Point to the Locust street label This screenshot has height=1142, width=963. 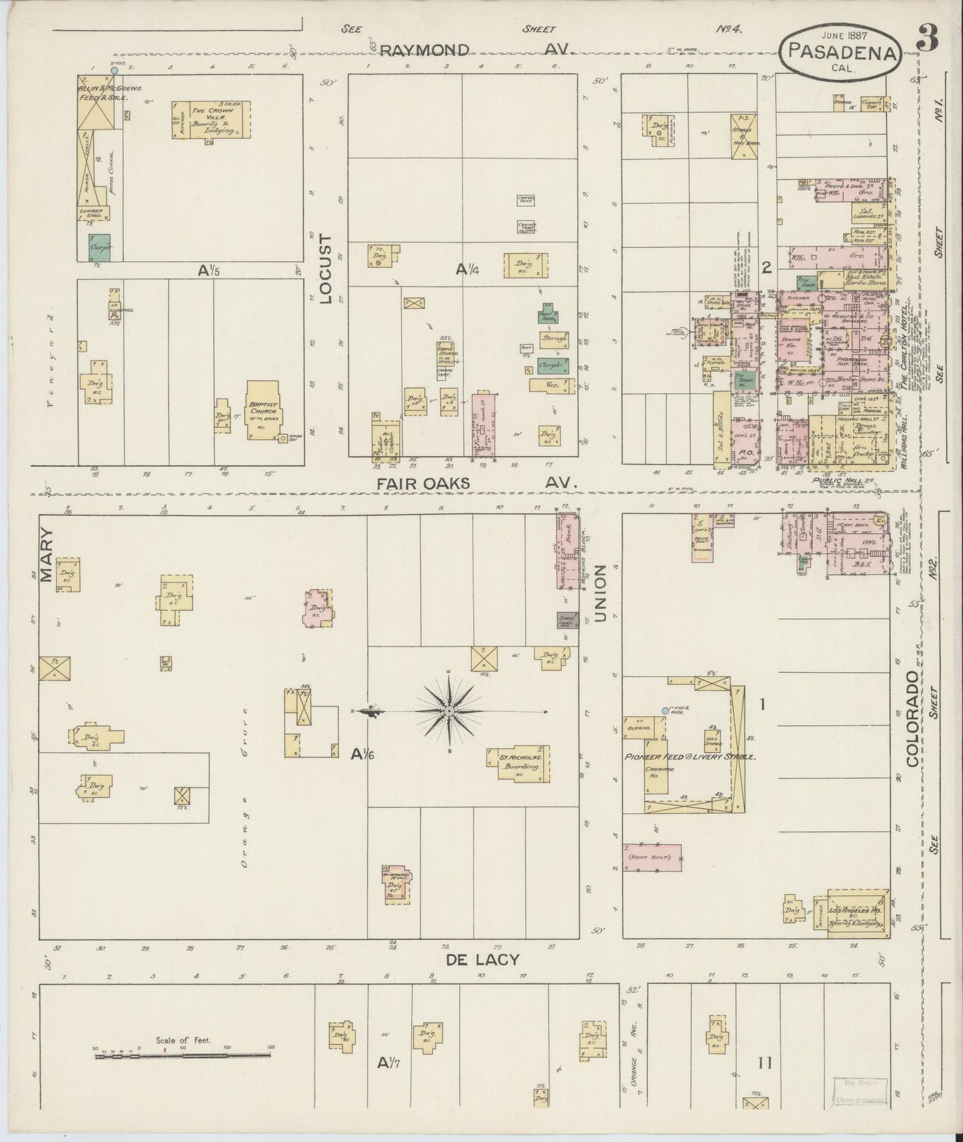(326, 269)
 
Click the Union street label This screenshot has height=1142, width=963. (600, 594)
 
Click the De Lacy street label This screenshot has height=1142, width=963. (482, 958)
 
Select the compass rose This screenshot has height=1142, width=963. (449, 712)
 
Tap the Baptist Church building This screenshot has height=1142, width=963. (263, 411)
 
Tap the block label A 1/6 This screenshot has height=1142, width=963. (364, 754)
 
